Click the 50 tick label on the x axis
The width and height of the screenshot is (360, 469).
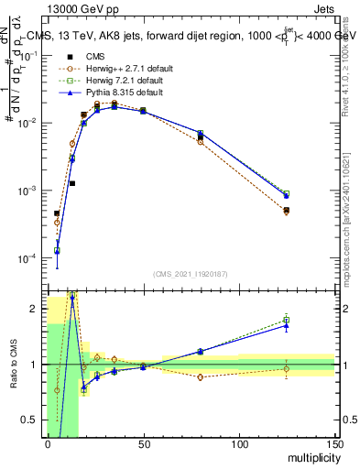(x=143, y=445)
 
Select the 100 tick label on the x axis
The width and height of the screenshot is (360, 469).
(x=239, y=445)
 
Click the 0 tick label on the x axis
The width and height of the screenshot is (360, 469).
(x=48, y=445)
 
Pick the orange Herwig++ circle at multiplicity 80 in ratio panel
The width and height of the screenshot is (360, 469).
(x=201, y=376)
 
